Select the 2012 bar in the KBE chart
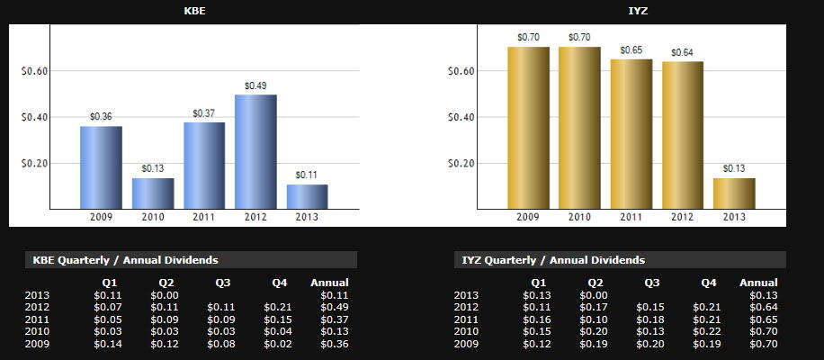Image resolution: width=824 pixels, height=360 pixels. point(255,151)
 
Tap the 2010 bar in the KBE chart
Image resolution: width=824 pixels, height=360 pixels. point(153,193)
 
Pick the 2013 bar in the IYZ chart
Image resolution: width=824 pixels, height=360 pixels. point(734,193)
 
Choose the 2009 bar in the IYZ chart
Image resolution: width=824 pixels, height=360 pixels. point(528,127)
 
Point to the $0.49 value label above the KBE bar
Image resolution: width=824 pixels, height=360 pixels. point(255,85)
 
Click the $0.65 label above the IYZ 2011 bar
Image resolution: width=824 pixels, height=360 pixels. point(631,50)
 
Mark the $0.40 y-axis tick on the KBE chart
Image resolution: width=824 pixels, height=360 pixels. point(34,117)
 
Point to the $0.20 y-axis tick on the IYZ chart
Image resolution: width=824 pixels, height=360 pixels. point(461,164)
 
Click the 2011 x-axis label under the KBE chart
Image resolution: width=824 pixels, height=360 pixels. point(204,217)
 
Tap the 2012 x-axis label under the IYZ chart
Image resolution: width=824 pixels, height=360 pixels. point(683,217)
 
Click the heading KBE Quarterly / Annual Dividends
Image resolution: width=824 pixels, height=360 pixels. point(125,260)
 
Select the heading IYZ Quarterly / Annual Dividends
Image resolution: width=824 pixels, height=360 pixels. point(553,260)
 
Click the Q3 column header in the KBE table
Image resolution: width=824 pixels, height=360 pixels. point(222,283)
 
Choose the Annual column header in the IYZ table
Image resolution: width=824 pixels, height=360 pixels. point(758,283)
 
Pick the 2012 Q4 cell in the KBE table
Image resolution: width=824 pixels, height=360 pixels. point(279,307)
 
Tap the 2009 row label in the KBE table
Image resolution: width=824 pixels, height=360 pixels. point(38,344)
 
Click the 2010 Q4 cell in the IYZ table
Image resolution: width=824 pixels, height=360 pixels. point(708,331)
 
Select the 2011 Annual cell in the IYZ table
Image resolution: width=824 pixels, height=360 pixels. point(763,319)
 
